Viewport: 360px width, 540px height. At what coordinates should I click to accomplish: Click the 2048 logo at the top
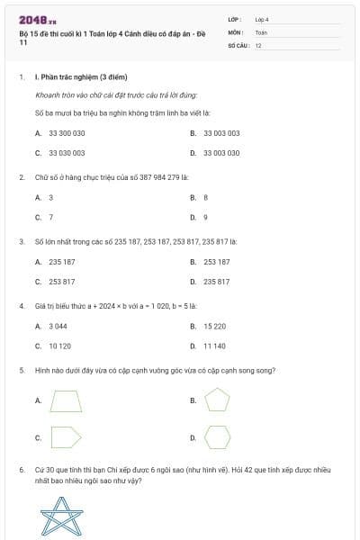(38, 18)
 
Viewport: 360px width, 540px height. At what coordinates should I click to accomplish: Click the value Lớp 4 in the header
(262, 19)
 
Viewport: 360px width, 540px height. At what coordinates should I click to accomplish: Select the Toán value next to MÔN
(261, 31)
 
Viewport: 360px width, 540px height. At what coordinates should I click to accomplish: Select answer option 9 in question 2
(205, 217)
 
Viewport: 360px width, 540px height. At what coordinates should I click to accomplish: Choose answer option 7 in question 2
(50, 217)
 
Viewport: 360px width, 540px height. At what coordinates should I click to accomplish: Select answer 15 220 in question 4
(214, 326)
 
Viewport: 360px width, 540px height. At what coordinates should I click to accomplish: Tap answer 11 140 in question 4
(214, 346)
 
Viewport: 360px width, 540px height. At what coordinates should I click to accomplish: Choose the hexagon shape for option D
(217, 437)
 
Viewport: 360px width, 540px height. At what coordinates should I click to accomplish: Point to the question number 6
(21, 470)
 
